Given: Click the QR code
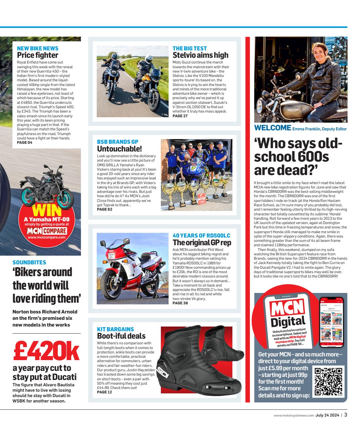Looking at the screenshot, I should coord(328,381).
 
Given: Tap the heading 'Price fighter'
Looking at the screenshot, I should coord(37,55).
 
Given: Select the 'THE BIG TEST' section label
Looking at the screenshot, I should coord(189,48).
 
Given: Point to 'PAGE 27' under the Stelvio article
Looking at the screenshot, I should coord(180,116).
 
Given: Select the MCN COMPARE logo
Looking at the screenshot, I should coord(47,231).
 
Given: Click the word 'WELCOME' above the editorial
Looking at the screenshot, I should coord(272,128).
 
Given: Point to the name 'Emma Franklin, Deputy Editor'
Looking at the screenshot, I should coord(319,129).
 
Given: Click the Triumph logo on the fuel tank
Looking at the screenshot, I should coord(295,110).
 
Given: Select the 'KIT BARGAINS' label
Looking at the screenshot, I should coord(115,329).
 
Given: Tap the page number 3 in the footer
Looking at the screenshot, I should coord(346,415).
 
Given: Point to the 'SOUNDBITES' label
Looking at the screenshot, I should coord(29,262).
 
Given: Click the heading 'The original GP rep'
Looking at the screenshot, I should coord(201,243).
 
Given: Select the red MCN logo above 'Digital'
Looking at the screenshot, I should coord(287,308).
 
